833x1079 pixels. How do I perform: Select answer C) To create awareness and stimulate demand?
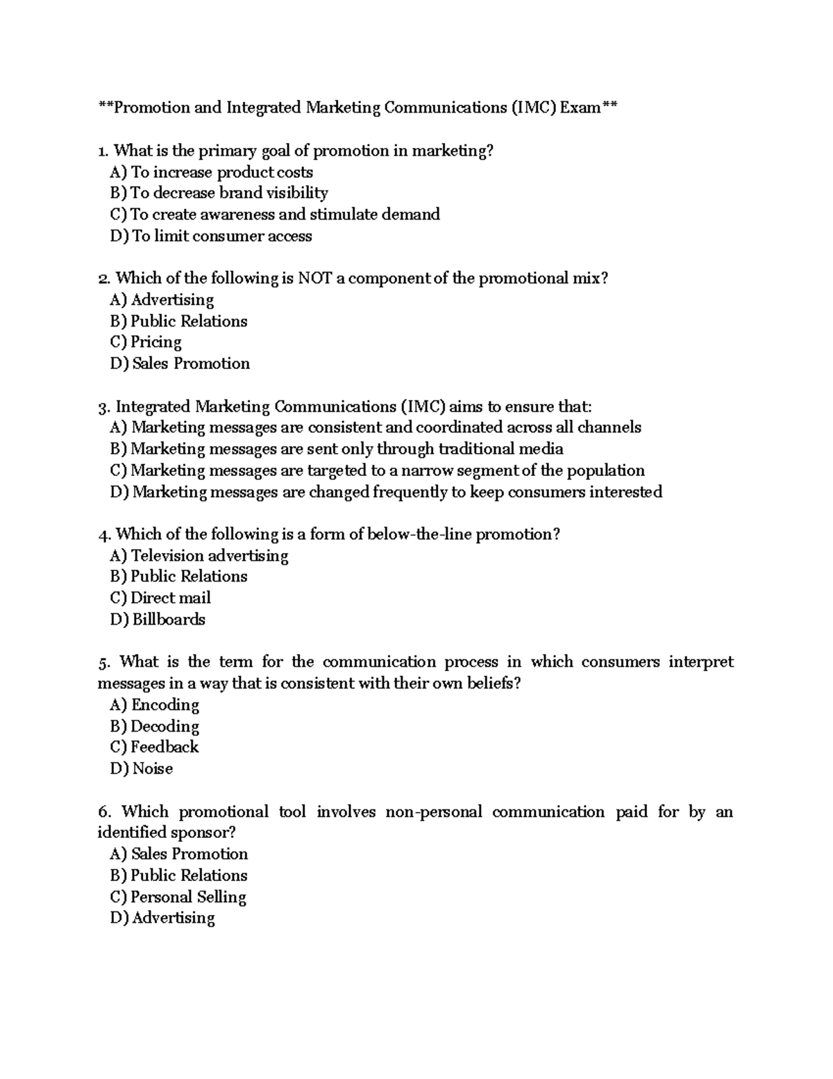[x=275, y=215]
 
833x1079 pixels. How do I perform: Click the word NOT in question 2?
[x=314, y=279]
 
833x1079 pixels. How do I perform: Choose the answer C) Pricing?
[x=146, y=343]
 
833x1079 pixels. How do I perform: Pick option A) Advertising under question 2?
[x=162, y=300]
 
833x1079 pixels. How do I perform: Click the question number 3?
[x=104, y=407]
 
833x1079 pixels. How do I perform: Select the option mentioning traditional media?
[x=337, y=450]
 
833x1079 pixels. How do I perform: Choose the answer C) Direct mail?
[x=160, y=598]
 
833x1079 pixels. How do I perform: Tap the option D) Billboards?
[x=158, y=620]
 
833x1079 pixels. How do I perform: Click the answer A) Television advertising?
[x=199, y=556]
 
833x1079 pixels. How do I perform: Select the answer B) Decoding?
[x=155, y=727]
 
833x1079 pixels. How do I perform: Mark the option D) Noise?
[x=142, y=769]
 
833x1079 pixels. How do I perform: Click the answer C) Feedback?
[x=154, y=748]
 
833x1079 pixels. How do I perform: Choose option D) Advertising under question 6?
[x=162, y=919]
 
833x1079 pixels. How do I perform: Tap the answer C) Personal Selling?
[x=178, y=897]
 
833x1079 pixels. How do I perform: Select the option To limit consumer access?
[x=211, y=236]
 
